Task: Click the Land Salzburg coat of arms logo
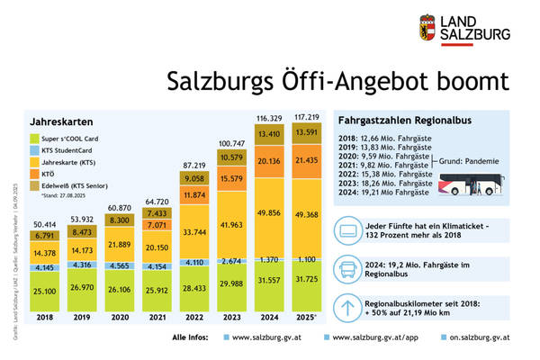pyautogui.click(x=427, y=27)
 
